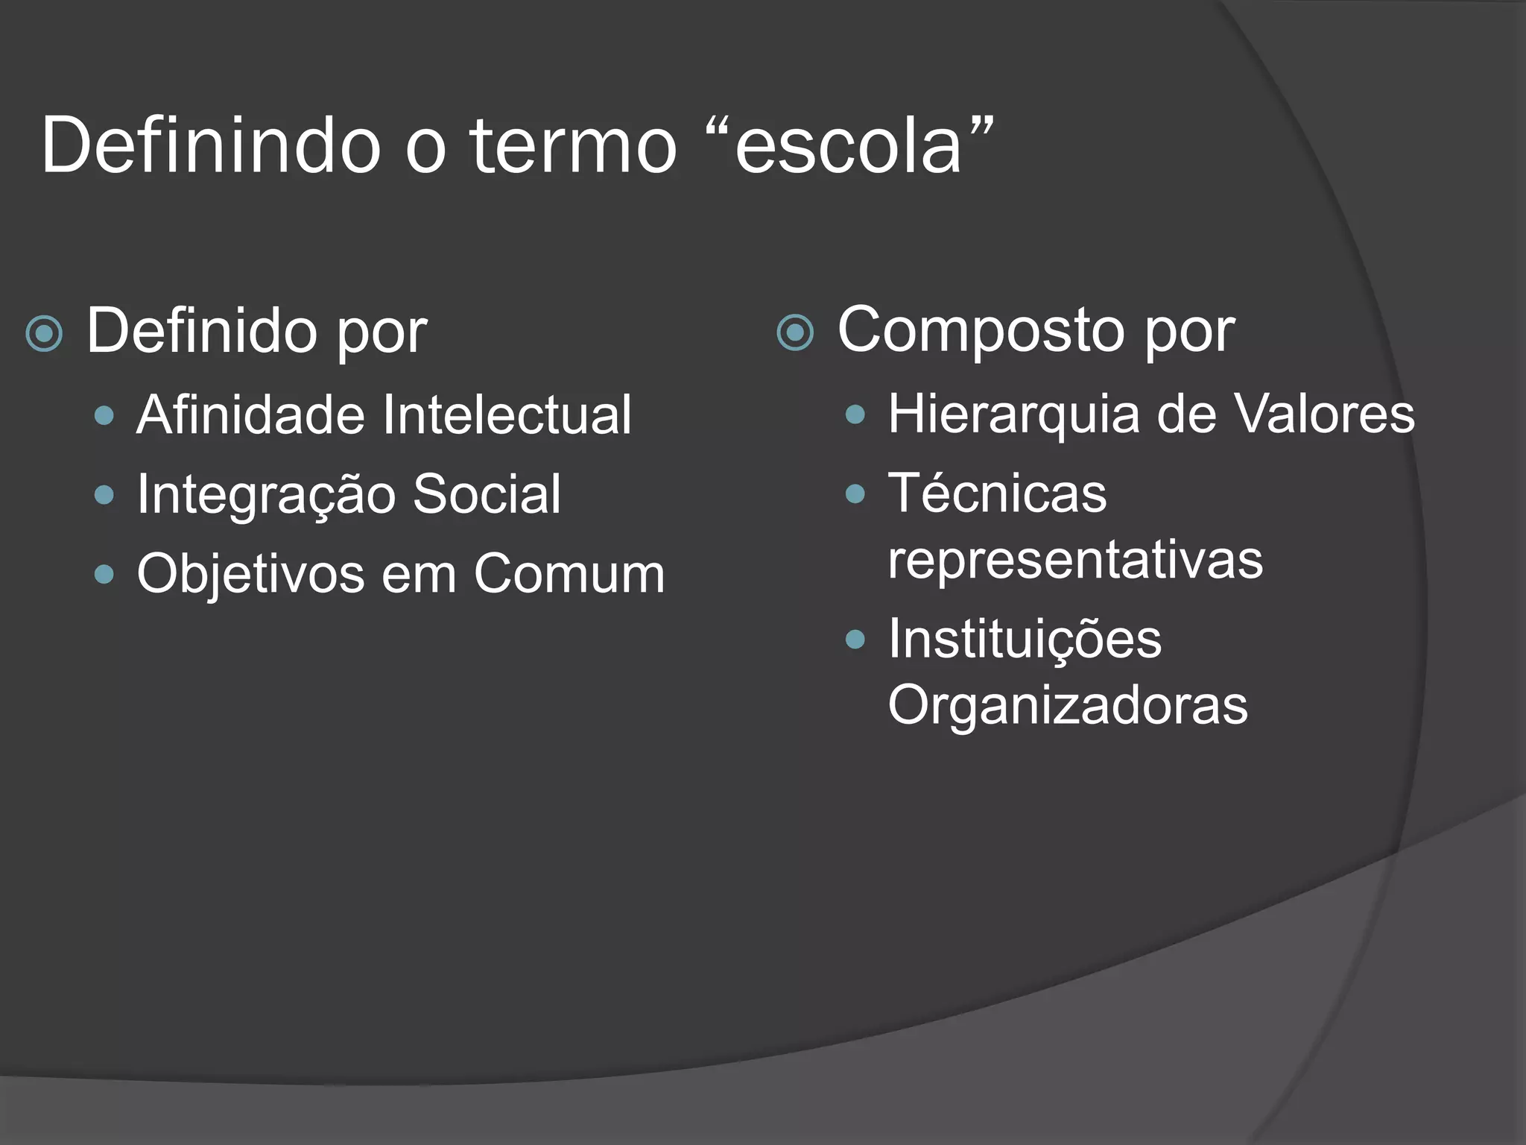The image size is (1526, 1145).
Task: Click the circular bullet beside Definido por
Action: tap(44, 333)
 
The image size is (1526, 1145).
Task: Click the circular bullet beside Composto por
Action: tap(795, 332)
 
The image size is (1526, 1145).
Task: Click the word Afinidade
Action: tap(249, 414)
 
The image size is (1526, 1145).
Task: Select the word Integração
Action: tap(265, 495)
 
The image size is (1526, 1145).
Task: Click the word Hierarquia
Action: tap(1013, 414)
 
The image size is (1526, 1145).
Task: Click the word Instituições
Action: tap(1025, 640)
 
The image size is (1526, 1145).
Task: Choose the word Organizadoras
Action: tap(1068, 704)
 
